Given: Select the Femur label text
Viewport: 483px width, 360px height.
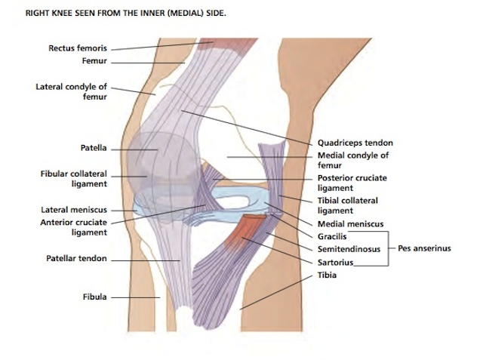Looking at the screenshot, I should click(x=96, y=60).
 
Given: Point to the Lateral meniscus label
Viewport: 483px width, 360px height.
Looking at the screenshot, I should click(x=74, y=210).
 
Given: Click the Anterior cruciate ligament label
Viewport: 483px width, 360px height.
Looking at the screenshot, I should click(x=74, y=227).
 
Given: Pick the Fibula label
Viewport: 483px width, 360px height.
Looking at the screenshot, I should click(x=94, y=297).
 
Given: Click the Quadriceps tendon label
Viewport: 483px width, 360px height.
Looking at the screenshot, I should click(x=355, y=143).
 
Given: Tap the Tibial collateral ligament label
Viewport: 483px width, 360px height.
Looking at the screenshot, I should click(x=348, y=205).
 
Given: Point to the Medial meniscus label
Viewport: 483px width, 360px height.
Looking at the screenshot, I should click(x=350, y=224).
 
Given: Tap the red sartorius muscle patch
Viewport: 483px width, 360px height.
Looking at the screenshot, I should click(x=243, y=231).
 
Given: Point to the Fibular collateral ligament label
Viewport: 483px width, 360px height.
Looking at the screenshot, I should click(x=74, y=178).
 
